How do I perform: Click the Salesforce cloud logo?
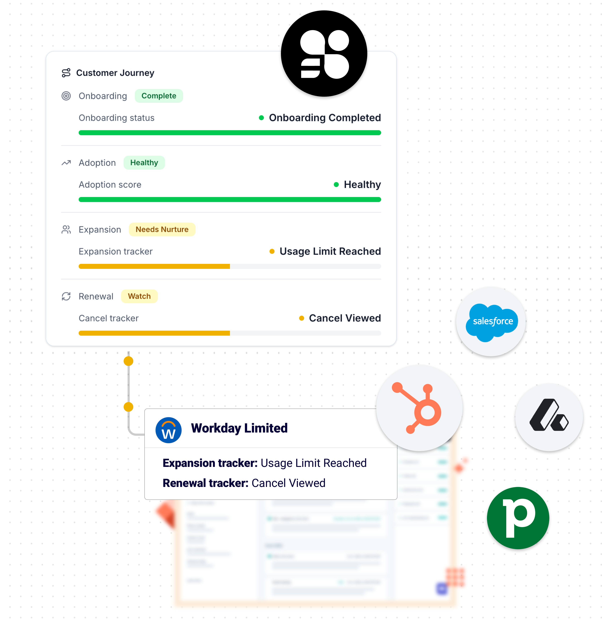(492, 322)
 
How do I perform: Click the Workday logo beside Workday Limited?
(168, 430)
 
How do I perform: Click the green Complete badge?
(159, 96)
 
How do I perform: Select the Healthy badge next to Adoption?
(144, 163)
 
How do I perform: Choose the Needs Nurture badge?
(162, 230)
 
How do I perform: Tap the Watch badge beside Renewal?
(139, 296)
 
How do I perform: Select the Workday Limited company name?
(239, 428)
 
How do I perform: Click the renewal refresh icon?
(66, 296)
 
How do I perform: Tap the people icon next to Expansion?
(66, 230)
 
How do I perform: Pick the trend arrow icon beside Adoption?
(66, 163)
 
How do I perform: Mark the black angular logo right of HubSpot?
(549, 416)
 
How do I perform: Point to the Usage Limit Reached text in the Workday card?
(313, 463)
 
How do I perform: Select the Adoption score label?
(110, 185)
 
